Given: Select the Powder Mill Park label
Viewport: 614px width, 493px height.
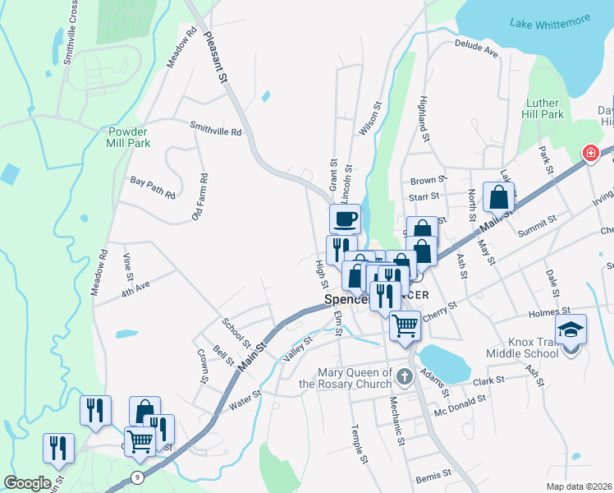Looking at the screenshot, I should [x=128, y=136].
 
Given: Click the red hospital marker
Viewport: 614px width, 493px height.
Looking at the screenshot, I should [x=589, y=153].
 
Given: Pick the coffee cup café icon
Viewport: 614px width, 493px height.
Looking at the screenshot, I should [x=345, y=219].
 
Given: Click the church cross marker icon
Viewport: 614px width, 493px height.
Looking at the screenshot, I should [x=403, y=377].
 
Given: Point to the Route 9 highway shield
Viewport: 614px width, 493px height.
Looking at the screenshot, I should [x=136, y=477].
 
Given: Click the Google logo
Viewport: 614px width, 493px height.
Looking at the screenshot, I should [x=27, y=483].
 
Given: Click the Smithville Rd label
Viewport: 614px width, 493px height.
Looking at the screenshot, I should [x=216, y=130].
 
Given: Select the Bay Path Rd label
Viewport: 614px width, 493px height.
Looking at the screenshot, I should [x=153, y=187].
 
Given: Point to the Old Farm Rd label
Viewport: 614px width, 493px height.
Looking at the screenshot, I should [x=199, y=196].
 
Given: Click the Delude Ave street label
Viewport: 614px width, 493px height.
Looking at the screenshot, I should [x=476, y=48].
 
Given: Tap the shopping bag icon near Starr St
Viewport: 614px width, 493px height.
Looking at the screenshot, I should [x=498, y=197].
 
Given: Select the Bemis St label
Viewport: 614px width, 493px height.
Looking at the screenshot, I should [x=434, y=476].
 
